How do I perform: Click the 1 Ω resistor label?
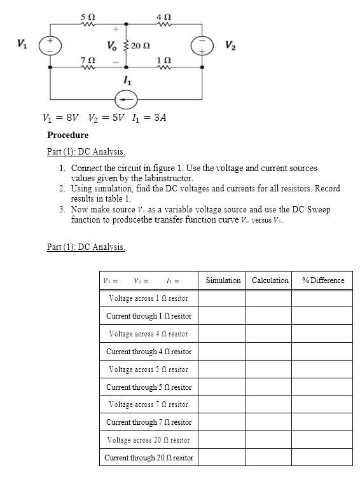pyautogui.click(x=163, y=59)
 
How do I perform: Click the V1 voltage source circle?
pyautogui.click(x=50, y=45)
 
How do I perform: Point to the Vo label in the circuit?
pyautogui.click(x=112, y=46)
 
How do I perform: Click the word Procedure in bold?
pyautogui.click(x=67, y=135)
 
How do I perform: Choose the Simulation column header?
pyautogui.click(x=223, y=280)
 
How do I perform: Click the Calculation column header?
pyautogui.click(x=270, y=280)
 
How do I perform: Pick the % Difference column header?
pyautogui.click(x=322, y=280)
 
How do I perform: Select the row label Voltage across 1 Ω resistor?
pyautogui.click(x=148, y=298)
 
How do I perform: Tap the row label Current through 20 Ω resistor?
pyautogui.click(x=148, y=457)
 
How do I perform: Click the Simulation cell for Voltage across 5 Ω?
pyautogui.click(x=223, y=369)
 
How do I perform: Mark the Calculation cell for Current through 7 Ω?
pyautogui.click(x=270, y=422)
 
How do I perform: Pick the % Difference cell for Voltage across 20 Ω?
pyautogui.click(x=322, y=440)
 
